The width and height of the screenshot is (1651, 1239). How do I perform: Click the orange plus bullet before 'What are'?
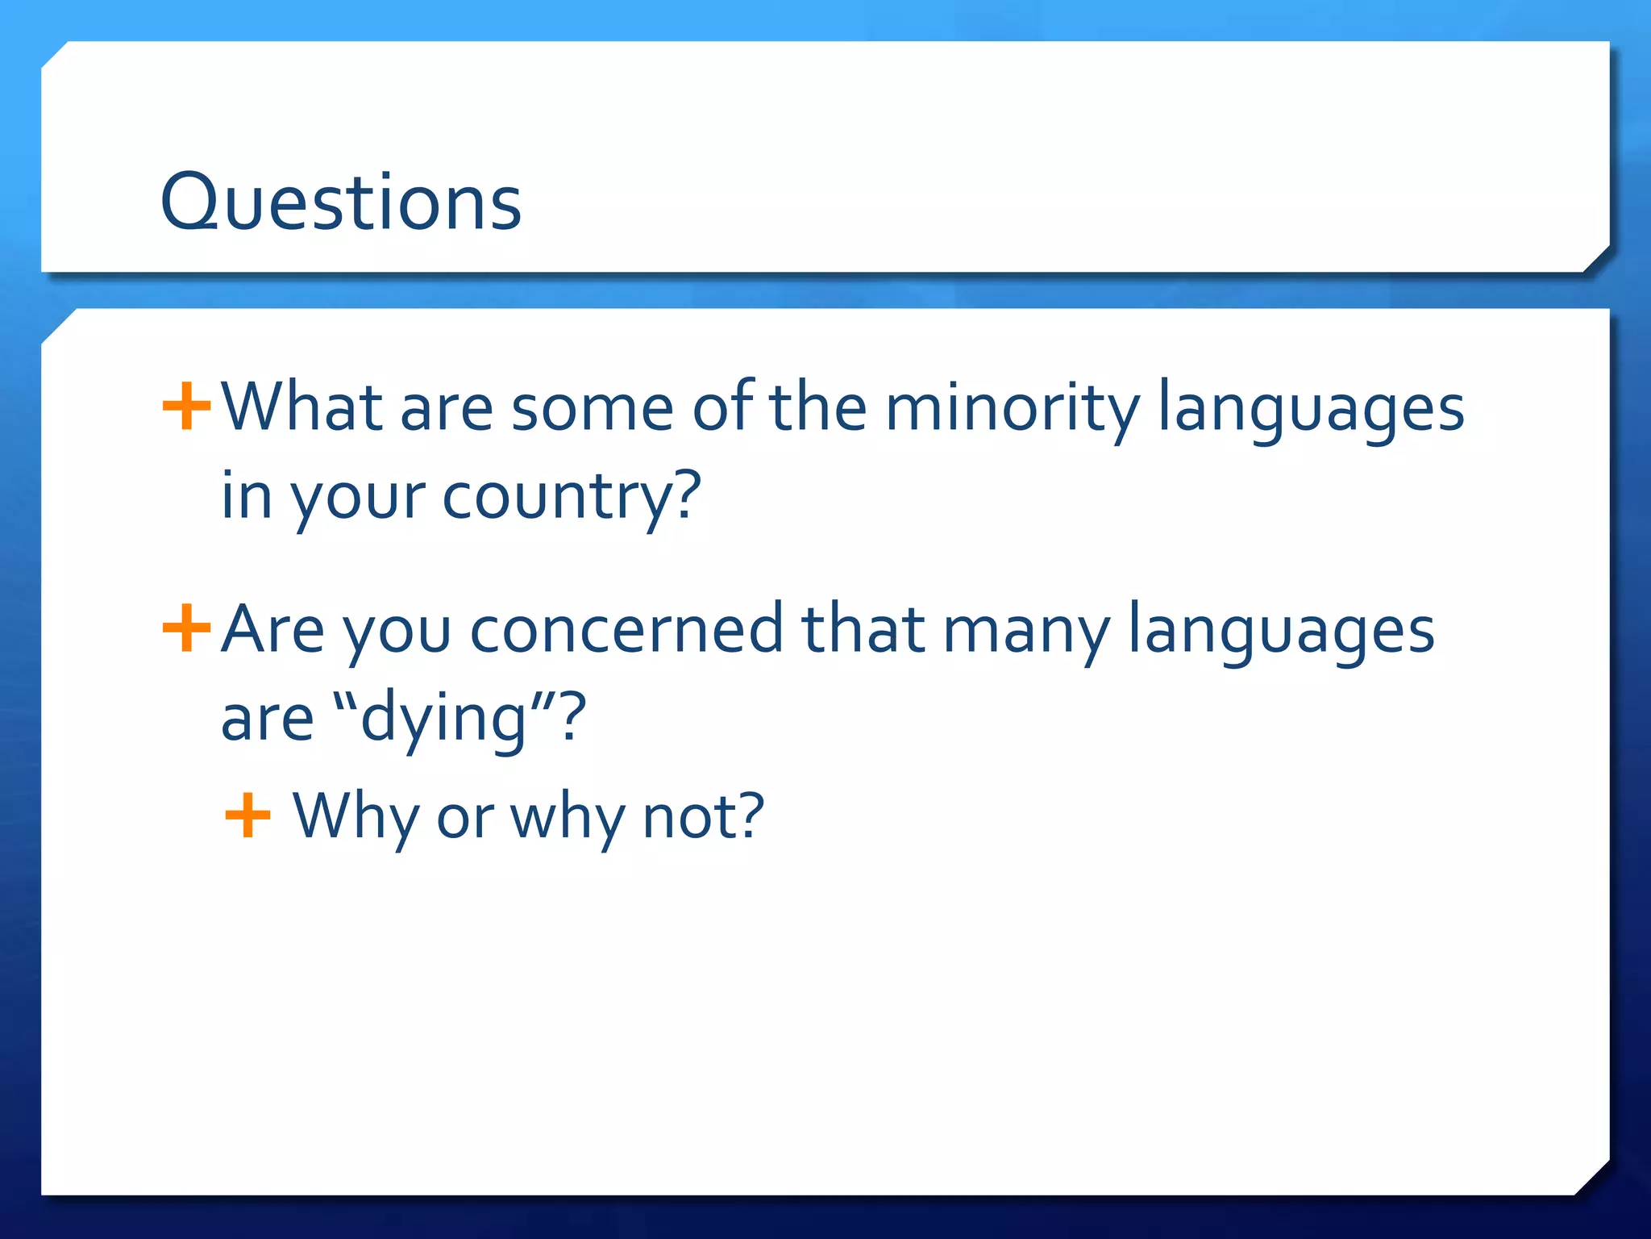[186, 407]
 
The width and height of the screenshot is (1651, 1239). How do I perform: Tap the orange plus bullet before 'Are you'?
[186, 628]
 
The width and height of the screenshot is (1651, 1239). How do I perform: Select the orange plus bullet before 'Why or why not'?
[247, 816]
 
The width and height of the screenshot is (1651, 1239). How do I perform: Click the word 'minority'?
[1013, 408]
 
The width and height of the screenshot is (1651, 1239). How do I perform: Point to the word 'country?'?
[572, 495]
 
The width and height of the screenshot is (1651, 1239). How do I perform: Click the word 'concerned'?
[626, 630]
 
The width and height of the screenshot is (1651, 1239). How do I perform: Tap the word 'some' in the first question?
[592, 408]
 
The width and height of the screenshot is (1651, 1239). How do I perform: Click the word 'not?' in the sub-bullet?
[703, 816]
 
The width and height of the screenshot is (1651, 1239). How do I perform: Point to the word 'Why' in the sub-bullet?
[355, 816]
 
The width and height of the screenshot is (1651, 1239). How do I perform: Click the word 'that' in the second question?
[862, 630]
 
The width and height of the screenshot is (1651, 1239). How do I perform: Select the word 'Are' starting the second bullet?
[272, 630]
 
